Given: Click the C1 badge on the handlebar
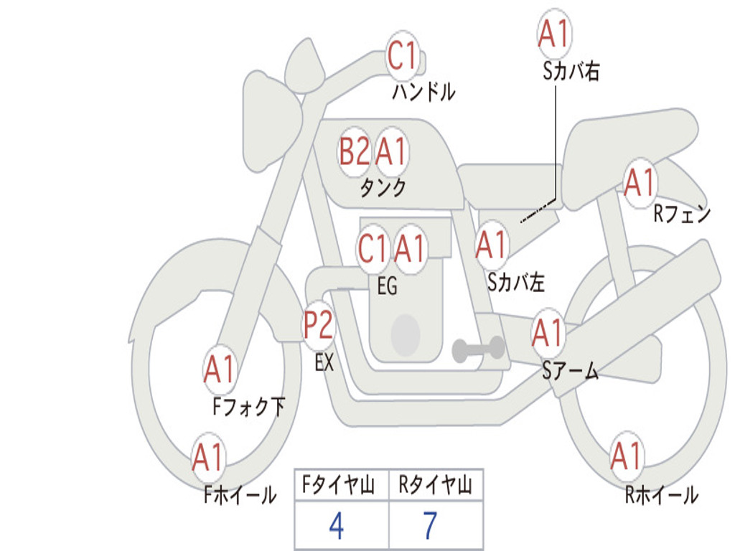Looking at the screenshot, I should [x=403, y=55].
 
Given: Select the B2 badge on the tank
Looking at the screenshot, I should [x=355, y=152].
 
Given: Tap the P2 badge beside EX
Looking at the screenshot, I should [x=318, y=326].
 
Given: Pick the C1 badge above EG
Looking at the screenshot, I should [x=373, y=249].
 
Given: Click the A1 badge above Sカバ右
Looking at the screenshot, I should [x=553, y=34].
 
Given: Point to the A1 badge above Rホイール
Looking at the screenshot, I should [x=626, y=457].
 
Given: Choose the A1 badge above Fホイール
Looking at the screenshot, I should [x=208, y=457].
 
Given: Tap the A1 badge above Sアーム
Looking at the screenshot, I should [x=548, y=333].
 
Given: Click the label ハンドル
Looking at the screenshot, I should [x=423, y=92].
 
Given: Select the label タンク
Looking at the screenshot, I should [x=383, y=188].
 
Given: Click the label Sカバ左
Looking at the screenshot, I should [x=516, y=283].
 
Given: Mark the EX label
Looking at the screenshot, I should [x=324, y=363].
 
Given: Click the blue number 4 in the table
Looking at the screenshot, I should [x=336, y=527].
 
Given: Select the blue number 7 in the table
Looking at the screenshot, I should [x=430, y=527].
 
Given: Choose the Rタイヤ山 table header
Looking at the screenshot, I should [x=435, y=487].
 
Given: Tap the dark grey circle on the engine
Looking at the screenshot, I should [x=405, y=334].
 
